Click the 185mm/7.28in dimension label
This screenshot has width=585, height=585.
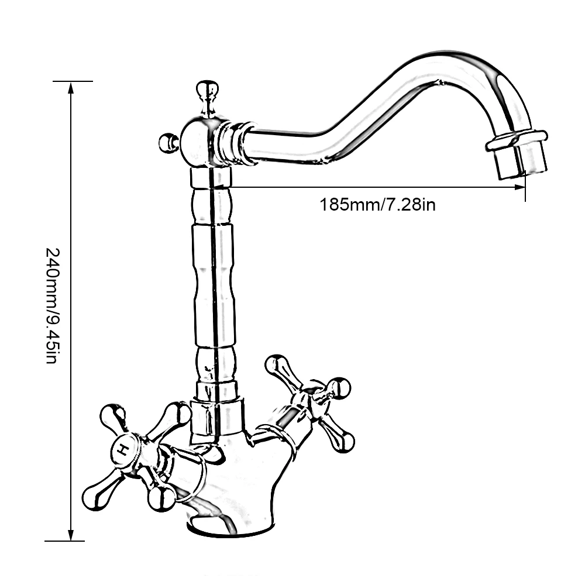click(x=377, y=205)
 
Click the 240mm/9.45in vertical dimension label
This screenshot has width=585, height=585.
click(x=51, y=305)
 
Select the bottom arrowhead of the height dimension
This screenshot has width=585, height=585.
click(x=71, y=534)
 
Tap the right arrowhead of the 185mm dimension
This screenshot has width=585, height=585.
click(x=519, y=187)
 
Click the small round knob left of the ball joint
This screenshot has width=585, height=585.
click(x=168, y=143)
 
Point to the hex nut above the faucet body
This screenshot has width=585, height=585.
click(x=217, y=418)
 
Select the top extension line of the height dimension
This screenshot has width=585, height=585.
click(x=73, y=81)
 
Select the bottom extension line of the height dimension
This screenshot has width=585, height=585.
click(x=64, y=541)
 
